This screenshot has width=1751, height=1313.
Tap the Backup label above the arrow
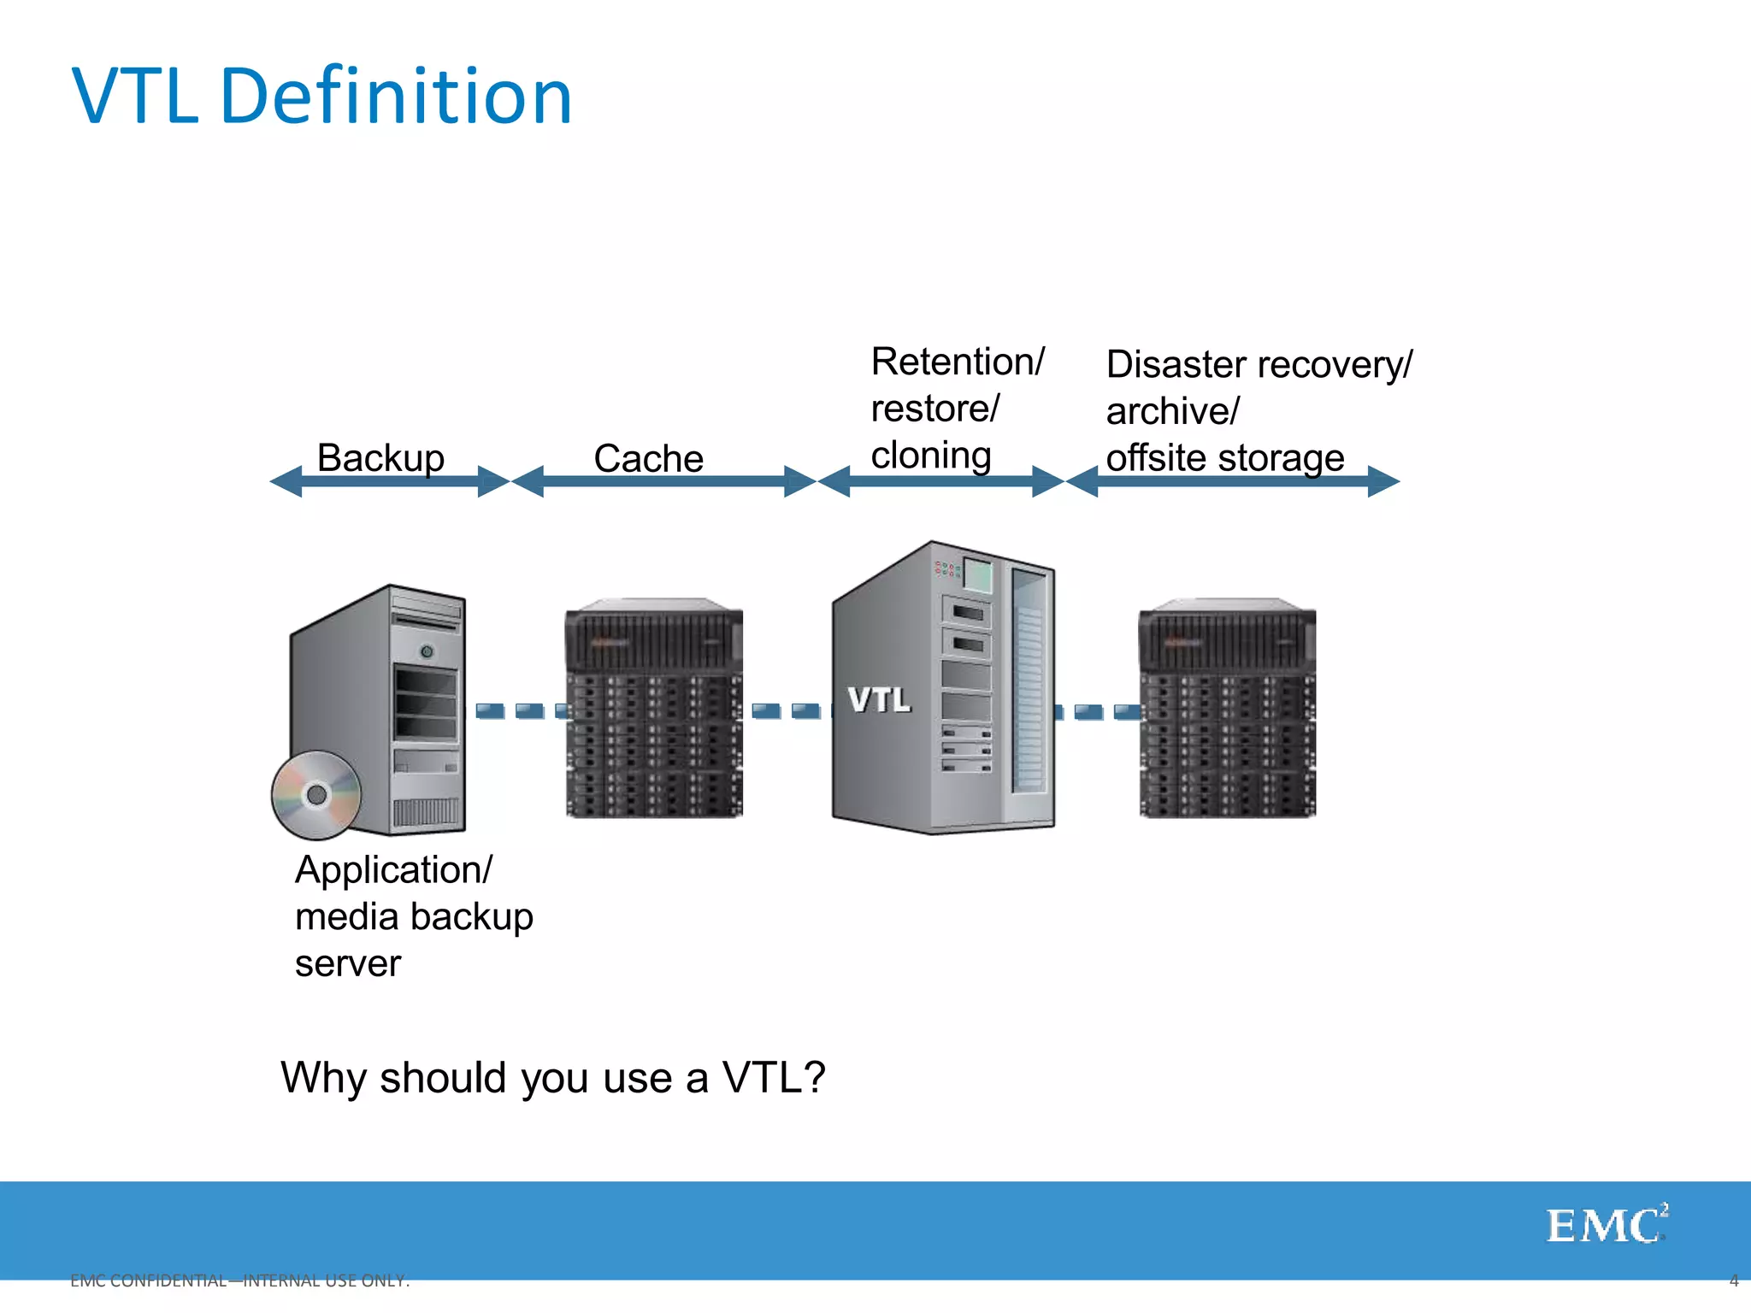[x=380, y=457]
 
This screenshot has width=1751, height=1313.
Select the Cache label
[x=648, y=458]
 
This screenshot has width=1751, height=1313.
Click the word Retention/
[x=957, y=362]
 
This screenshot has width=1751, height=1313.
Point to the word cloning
[x=930, y=455]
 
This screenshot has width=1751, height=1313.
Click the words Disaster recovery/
[x=1259, y=365]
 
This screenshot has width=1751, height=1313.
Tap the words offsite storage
[x=1224, y=457]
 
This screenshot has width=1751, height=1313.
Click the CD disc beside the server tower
[x=316, y=795]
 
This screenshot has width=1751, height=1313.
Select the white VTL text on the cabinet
[x=879, y=700]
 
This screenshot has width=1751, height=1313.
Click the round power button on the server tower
[x=427, y=651]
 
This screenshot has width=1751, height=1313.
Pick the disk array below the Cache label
[x=654, y=709]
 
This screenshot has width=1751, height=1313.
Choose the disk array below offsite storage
[x=1227, y=709]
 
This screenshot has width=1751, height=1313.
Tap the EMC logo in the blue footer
[x=1606, y=1226]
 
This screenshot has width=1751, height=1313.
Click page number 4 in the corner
[x=1733, y=1281]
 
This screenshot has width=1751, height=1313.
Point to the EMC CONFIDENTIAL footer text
[x=239, y=1281]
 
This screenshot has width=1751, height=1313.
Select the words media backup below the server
[x=414, y=916]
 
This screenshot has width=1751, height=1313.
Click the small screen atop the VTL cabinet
[x=978, y=575]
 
